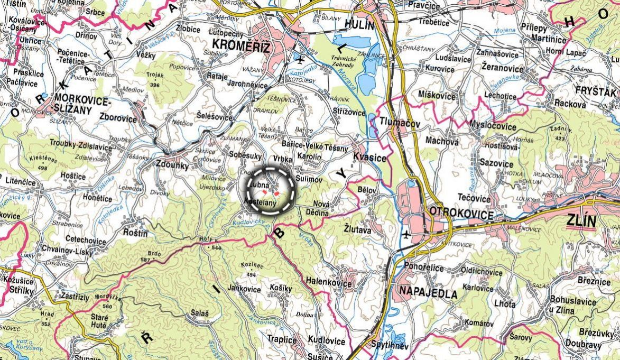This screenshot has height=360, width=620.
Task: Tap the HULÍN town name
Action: pos(359,25)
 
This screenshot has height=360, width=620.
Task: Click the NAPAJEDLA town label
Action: pos(428,293)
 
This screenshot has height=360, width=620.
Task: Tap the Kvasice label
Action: pos(370,158)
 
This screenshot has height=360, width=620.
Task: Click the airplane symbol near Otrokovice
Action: pos(405,234)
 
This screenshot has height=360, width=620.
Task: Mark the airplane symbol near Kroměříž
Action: pos(301,57)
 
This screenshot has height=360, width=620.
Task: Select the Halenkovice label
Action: pos(329,284)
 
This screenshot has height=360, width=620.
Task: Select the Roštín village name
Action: pos(135,232)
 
